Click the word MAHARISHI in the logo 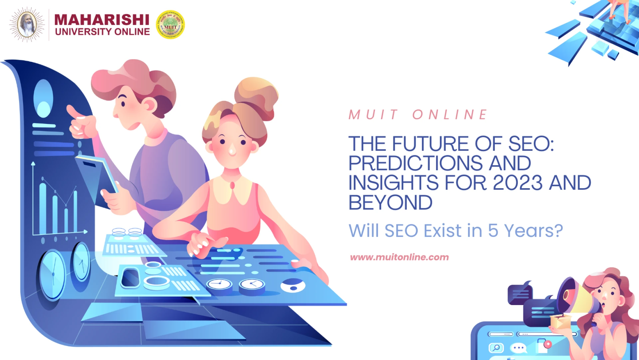102,20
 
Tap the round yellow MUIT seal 170,25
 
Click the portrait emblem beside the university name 27,25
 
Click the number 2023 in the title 518,183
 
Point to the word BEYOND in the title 390,202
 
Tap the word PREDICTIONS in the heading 415,163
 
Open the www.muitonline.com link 399,257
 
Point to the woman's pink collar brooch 232,185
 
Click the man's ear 149,105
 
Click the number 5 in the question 493,231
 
